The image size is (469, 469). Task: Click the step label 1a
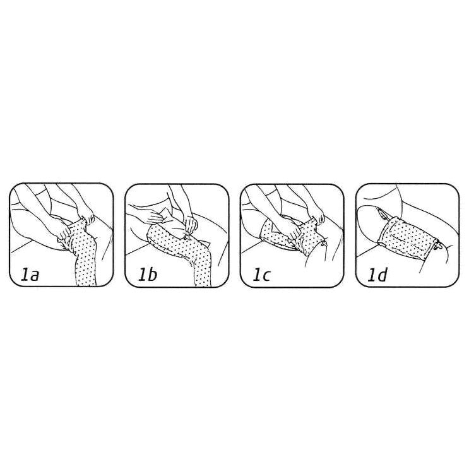tap(30, 275)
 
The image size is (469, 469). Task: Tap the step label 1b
tap(147, 275)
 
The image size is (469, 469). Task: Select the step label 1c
tap(261, 275)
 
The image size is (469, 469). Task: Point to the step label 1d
tap(377, 275)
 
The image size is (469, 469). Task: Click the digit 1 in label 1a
tap(24, 275)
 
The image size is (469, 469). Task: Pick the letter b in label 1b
tap(152, 275)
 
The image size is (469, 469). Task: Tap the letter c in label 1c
tap(266, 276)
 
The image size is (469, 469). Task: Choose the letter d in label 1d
tap(381, 275)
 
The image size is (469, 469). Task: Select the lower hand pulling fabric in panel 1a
tap(65, 234)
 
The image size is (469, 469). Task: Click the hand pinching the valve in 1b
tap(189, 227)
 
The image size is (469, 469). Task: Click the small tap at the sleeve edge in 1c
tap(324, 245)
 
